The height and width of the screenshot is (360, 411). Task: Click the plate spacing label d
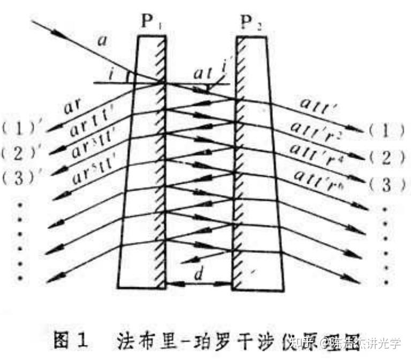(199, 275)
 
